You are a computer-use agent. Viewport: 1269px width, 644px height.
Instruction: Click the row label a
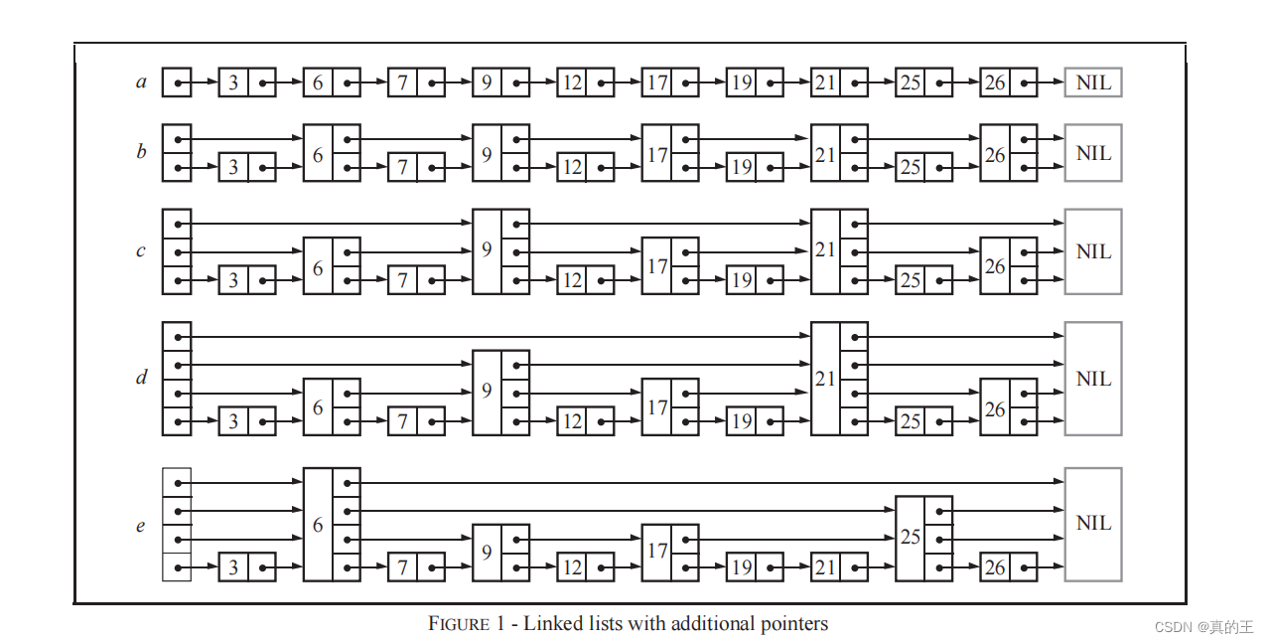(141, 82)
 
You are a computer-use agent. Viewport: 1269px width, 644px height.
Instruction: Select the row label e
(141, 526)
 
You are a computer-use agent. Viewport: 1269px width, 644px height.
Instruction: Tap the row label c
(141, 251)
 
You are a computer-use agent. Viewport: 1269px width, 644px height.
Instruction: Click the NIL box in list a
(1093, 82)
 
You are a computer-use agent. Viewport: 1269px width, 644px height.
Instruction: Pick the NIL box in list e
(1093, 524)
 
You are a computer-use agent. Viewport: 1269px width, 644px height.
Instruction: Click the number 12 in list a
(572, 82)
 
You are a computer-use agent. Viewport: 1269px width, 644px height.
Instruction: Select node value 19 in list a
(741, 82)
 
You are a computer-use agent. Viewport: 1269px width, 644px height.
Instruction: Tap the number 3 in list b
(233, 167)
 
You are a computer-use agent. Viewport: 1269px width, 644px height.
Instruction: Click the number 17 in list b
(656, 154)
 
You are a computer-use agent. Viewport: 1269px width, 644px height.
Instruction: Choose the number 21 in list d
(825, 379)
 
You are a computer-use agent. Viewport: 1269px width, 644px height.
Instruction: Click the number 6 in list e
(318, 525)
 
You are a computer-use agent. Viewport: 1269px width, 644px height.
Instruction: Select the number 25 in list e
(910, 538)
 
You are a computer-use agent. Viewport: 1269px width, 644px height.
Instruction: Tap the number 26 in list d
(994, 407)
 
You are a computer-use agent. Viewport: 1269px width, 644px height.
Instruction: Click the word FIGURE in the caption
(459, 624)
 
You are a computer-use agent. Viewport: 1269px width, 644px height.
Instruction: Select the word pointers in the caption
(791, 624)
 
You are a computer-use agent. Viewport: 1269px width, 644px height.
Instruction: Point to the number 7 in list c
(402, 280)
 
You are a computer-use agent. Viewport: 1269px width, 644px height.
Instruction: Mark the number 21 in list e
(825, 567)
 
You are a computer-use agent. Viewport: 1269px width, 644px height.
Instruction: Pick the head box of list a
(176, 82)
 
